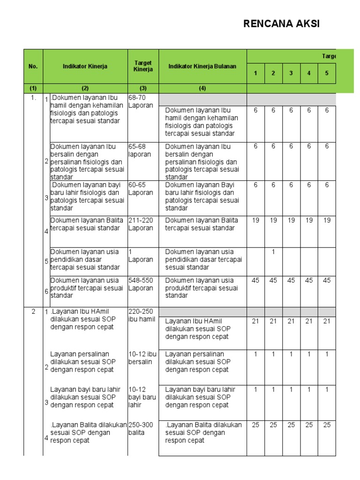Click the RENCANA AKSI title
(281, 24)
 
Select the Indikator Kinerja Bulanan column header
(202, 67)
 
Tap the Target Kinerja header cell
(143, 66)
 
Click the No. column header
(33, 67)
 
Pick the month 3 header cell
(291, 73)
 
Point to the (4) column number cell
(202, 88)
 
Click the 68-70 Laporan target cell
(141, 102)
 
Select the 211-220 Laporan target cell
(141, 224)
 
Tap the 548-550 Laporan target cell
(141, 284)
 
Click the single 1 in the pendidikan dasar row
(273, 252)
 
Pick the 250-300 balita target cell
(141, 428)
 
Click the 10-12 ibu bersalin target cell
(142, 358)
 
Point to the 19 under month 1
(255, 220)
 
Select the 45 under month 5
(327, 280)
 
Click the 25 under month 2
(273, 425)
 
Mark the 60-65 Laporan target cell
(141, 188)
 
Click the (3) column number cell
(143, 88)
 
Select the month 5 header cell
(327, 73)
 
